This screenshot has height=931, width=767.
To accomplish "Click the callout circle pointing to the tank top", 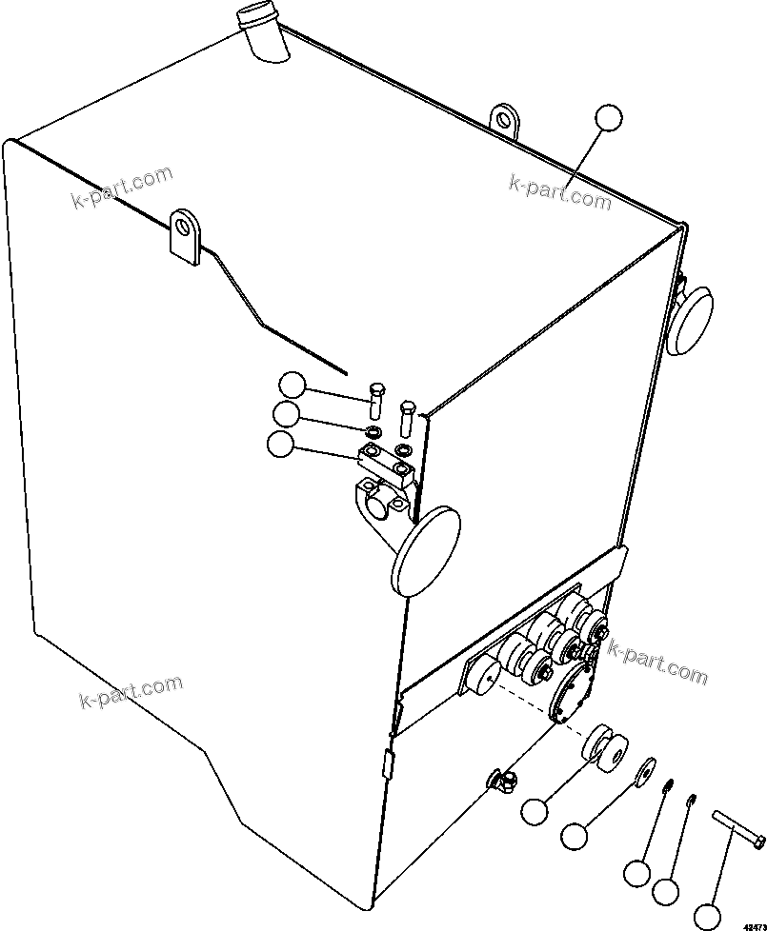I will (x=608, y=117).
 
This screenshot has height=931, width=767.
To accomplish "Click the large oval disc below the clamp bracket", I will (x=425, y=551).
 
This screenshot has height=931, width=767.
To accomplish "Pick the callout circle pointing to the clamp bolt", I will (x=293, y=386).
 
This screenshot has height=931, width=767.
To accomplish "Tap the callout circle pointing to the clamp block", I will (x=281, y=444).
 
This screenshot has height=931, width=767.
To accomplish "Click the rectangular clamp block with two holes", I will (x=387, y=461).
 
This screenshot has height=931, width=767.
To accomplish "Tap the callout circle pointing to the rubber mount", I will (x=535, y=811).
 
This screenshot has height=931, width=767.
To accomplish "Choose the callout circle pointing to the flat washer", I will (x=575, y=837).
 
